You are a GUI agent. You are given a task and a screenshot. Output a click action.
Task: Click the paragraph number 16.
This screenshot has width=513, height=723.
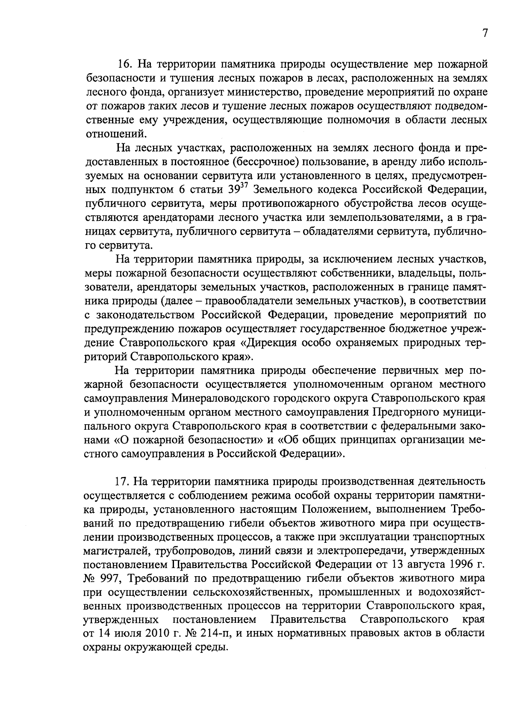pyautogui.click(x=126, y=65)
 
